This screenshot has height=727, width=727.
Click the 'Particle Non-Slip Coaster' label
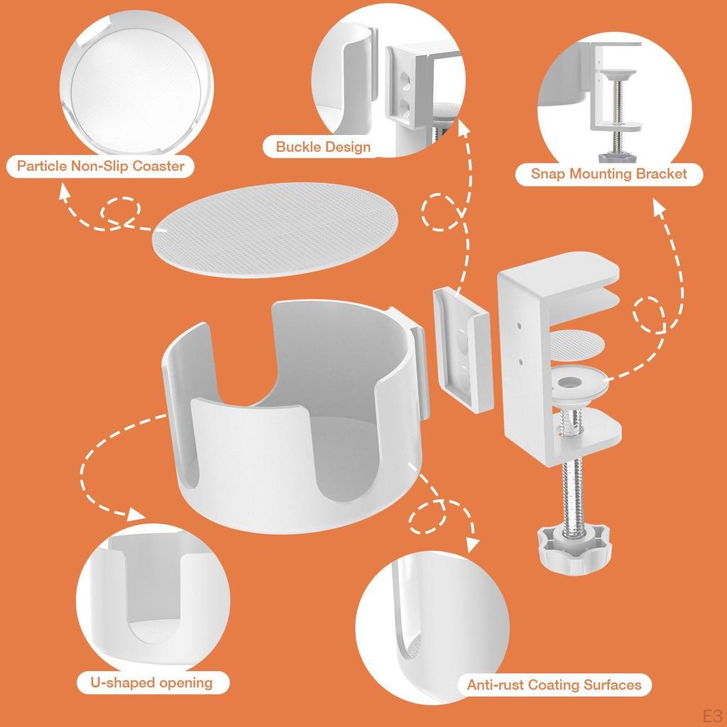[x=101, y=166]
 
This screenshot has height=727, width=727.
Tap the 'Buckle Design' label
[x=323, y=147]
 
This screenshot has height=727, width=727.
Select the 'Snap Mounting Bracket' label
[x=609, y=173]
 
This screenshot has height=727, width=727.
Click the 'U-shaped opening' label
[x=152, y=682]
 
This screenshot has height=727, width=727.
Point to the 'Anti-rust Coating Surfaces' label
[x=554, y=685]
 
